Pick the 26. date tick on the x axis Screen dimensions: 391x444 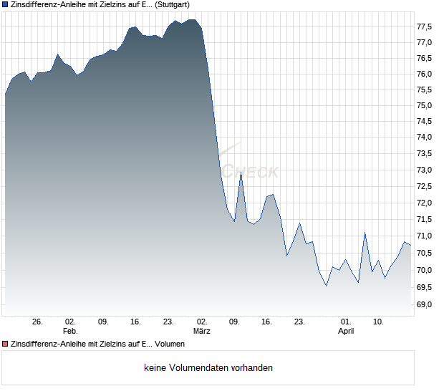[x=38, y=322]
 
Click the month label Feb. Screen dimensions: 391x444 [x=70, y=331]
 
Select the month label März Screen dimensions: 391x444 [x=202, y=331]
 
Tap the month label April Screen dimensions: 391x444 [x=346, y=331]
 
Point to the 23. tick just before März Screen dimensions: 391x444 [x=169, y=322]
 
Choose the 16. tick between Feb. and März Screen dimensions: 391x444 [x=136, y=322]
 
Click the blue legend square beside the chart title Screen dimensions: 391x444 [x=5, y=5]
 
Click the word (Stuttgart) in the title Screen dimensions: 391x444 [x=174, y=5]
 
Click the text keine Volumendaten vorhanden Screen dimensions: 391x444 [x=208, y=368]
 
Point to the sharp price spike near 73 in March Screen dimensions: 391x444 [x=241, y=173]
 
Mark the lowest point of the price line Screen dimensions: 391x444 [x=327, y=286]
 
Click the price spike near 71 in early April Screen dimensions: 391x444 [x=365, y=233]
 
